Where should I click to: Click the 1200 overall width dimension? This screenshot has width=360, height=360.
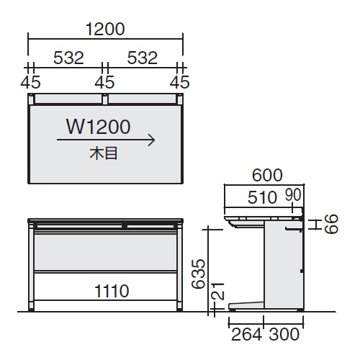click(105, 30)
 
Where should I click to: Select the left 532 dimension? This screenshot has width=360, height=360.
click(68, 58)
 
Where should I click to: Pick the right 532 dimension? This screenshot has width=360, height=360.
click(143, 58)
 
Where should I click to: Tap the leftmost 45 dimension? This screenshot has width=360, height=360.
click(30, 82)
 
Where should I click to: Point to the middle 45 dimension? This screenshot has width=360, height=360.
click(104, 82)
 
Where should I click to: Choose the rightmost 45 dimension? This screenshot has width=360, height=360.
click(179, 82)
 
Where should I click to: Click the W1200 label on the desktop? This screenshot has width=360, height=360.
click(99, 127)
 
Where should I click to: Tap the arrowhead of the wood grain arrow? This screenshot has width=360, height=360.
click(152, 140)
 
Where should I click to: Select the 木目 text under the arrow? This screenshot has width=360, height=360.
click(104, 153)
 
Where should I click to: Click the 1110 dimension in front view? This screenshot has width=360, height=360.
click(112, 291)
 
